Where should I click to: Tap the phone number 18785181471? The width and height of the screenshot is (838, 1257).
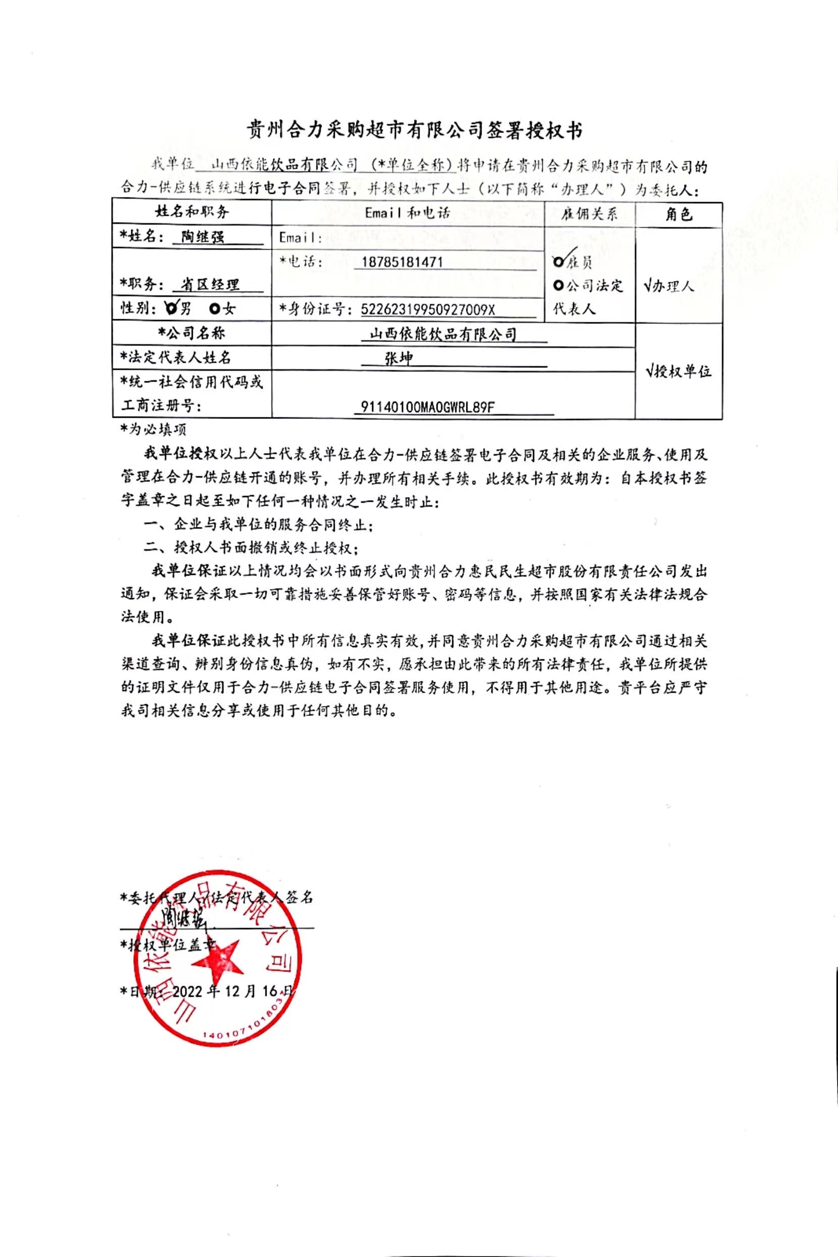click(x=401, y=262)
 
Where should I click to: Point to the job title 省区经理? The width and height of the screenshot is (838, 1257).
click(x=210, y=284)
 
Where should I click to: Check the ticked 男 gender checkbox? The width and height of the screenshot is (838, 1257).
click(x=171, y=308)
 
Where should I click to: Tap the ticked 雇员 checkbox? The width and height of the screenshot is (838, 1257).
click(x=559, y=262)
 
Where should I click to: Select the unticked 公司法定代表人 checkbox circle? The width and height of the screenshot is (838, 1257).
click(x=558, y=285)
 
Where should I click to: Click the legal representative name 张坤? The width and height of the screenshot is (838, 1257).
click(x=399, y=358)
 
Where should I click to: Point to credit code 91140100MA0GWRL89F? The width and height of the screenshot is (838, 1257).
click(x=428, y=407)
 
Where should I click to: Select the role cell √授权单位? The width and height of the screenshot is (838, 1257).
click(x=677, y=371)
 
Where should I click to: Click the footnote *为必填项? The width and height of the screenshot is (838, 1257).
click(x=153, y=429)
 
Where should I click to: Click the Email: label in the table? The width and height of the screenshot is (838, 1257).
click(x=300, y=238)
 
